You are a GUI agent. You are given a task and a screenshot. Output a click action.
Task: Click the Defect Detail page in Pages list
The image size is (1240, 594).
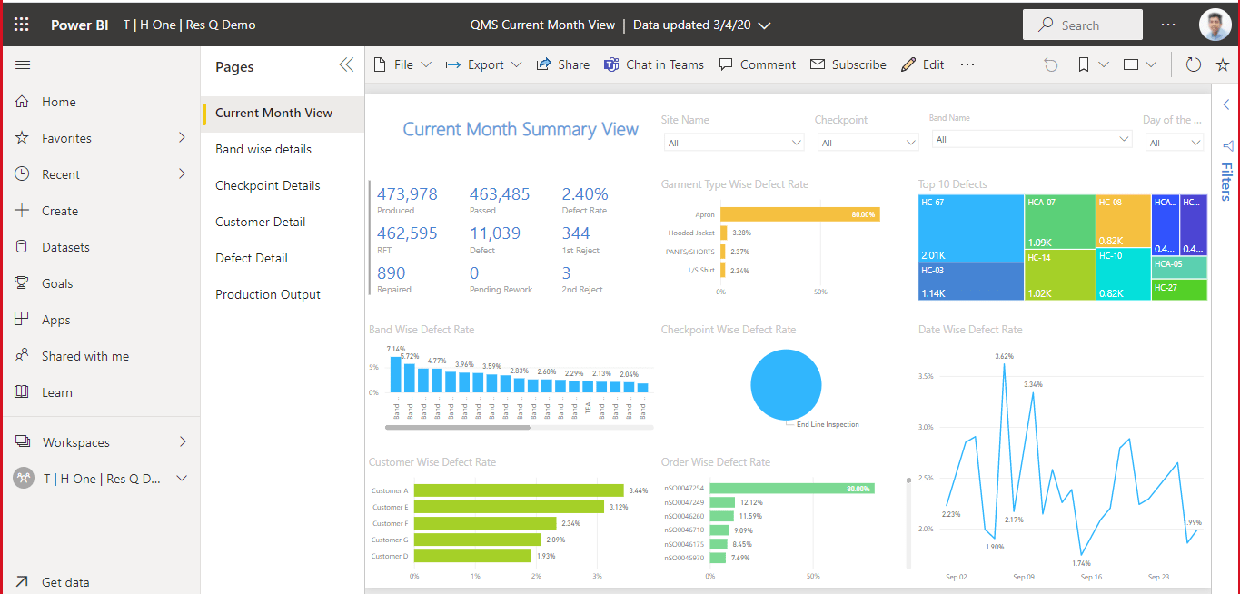[251, 258]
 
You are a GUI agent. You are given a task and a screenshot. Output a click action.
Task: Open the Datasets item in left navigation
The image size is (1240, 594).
[65, 247]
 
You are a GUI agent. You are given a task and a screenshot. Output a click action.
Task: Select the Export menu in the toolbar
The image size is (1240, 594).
[484, 64]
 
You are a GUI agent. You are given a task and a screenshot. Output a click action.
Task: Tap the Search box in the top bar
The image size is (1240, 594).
[1082, 25]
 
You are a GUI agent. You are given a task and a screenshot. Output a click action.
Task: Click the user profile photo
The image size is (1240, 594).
[1215, 25]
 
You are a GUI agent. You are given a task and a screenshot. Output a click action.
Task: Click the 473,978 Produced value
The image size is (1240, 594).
[407, 194]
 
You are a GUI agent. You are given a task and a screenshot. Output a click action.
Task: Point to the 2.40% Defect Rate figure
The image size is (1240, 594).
[585, 194]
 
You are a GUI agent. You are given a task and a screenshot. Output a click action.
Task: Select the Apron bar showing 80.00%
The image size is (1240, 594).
[799, 214]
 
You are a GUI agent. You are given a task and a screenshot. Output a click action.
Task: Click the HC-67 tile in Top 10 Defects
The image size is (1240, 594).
[970, 227]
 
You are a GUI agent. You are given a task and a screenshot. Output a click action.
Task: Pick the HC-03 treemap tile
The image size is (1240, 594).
[970, 281]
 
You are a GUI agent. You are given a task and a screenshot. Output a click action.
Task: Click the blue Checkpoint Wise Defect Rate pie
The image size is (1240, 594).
[786, 385]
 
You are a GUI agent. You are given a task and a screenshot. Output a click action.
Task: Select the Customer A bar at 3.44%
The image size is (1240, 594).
[518, 490]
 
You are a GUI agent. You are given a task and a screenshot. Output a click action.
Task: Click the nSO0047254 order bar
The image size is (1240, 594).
[790, 488]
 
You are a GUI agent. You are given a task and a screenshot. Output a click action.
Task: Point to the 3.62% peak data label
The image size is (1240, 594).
[1004, 356]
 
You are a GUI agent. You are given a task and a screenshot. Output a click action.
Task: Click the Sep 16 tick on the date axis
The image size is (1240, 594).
[1091, 577]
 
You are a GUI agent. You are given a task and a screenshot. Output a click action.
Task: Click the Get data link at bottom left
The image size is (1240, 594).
[65, 582]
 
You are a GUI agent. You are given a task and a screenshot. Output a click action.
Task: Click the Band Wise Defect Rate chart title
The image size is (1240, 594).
[422, 330]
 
